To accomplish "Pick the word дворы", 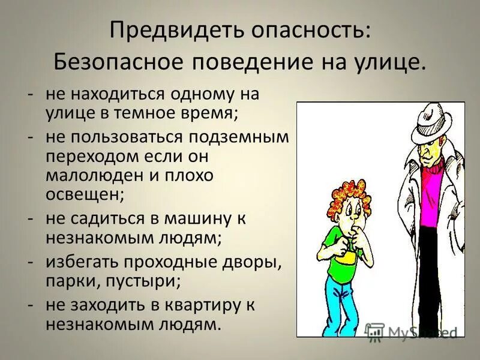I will click(x=251, y=262).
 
